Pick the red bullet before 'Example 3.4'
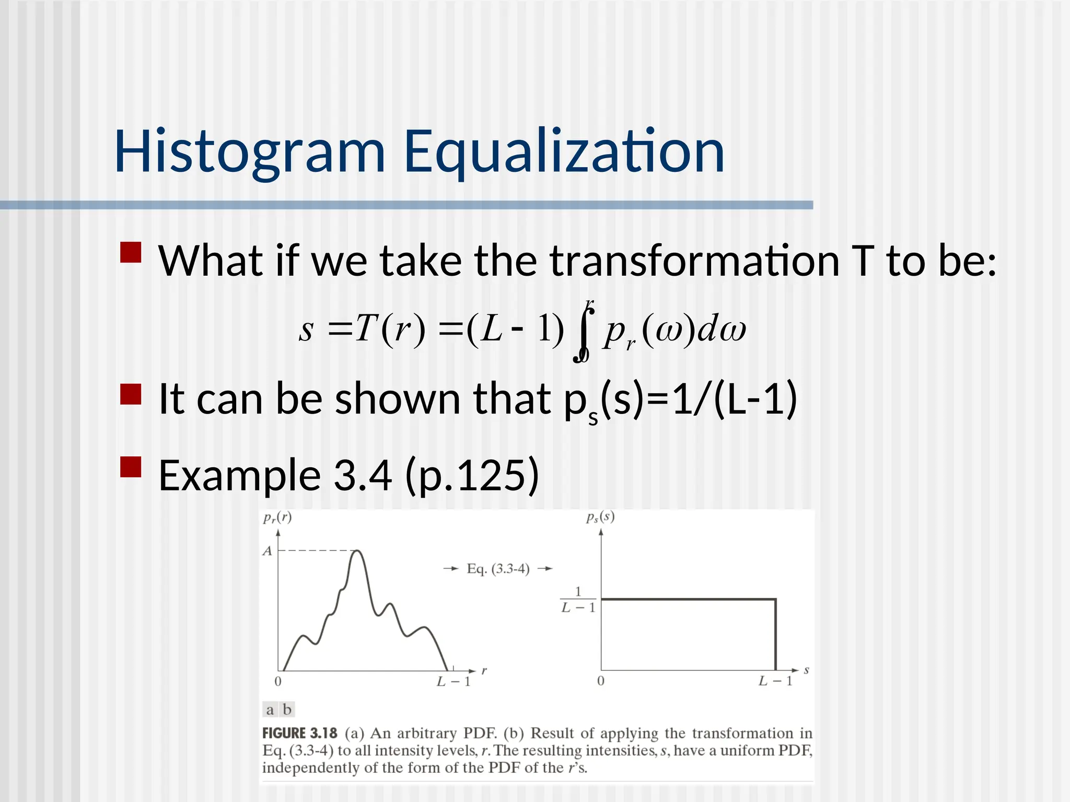[x=131, y=467]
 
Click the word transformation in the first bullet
[x=694, y=261]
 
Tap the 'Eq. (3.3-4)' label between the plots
[x=498, y=569]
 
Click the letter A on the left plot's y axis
[x=267, y=551]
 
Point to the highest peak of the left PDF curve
[x=357, y=551]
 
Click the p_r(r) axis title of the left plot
[x=277, y=517]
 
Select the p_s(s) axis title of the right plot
[x=600, y=517]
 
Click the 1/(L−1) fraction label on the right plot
[x=578, y=599]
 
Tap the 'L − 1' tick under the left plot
[x=453, y=681]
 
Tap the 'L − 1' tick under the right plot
[x=775, y=681]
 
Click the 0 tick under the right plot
[x=601, y=681]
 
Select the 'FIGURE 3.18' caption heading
[x=299, y=733]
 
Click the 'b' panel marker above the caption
[x=287, y=710]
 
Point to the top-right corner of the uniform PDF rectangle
[x=775, y=599]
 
